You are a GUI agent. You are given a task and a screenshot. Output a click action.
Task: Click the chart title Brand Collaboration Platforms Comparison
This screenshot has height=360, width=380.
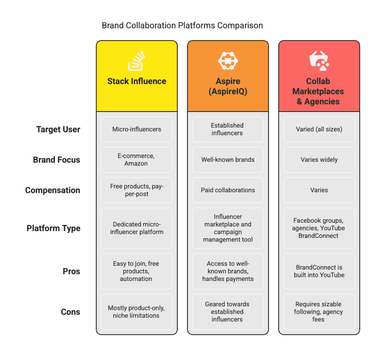(182, 26)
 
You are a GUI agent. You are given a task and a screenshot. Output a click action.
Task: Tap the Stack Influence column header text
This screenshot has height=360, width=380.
(137, 81)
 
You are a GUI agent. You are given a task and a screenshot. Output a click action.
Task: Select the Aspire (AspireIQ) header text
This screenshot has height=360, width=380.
(228, 86)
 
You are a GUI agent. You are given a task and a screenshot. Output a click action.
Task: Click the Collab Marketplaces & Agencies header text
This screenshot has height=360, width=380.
(319, 91)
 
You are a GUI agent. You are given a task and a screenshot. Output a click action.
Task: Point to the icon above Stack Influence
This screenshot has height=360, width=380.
(137, 61)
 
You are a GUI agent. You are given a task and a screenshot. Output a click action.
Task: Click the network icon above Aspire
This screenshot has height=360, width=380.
(228, 61)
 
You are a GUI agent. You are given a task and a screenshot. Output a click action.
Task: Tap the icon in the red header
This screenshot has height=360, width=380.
(319, 61)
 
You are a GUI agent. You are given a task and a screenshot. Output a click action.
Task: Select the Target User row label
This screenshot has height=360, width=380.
(58, 129)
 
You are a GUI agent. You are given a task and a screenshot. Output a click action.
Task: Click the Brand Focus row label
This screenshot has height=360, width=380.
(57, 160)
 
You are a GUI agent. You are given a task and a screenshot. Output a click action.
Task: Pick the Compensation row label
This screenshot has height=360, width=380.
(52, 190)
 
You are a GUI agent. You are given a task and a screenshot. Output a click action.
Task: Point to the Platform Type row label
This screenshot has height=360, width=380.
(53, 228)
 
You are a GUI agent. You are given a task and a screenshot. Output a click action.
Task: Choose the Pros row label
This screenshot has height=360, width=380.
(71, 271)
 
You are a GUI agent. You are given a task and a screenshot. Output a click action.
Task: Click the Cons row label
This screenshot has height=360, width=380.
(71, 312)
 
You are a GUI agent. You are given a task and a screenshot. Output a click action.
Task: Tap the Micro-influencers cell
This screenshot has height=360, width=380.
(137, 129)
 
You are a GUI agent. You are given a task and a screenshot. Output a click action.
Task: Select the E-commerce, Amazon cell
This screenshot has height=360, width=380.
(137, 160)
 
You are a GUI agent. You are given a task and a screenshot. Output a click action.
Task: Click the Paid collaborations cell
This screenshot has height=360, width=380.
(228, 190)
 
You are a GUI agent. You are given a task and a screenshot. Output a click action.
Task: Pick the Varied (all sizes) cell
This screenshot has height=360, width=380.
(319, 129)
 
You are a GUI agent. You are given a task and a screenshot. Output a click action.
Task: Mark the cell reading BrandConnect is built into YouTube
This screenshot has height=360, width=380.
(319, 271)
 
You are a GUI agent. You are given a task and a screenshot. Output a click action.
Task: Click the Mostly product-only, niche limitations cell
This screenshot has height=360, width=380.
(137, 312)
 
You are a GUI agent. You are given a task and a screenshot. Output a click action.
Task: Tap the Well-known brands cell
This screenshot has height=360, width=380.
(228, 160)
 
